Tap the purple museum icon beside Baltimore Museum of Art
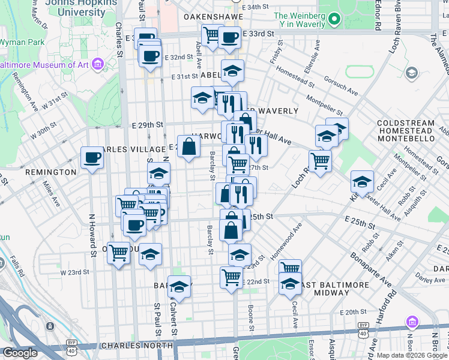pyautogui.click(x=99, y=63)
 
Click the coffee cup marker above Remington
pyautogui.click(x=92, y=158)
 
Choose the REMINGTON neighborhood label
pyautogui.click(x=51, y=172)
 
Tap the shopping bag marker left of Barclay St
pyautogui.click(x=188, y=146)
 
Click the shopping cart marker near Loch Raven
pyautogui.click(x=321, y=161)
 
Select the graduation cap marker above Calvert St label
pyautogui.click(x=179, y=286)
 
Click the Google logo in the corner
pyautogui.click(x=20, y=353)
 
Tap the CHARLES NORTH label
pyautogui.click(x=137, y=346)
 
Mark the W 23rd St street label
pyautogui.click(x=74, y=272)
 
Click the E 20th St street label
pyautogui.click(x=353, y=312)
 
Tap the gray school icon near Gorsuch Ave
pyautogui.click(x=411, y=73)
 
